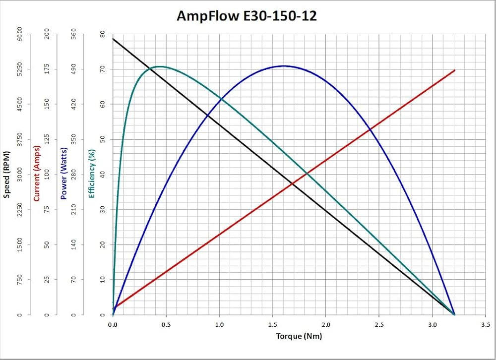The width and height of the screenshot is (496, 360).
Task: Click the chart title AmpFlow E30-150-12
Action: (x=247, y=16)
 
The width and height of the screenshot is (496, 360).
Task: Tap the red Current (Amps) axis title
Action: (x=36, y=174)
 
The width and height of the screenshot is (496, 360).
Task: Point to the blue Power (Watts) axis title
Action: (x=64, y=174)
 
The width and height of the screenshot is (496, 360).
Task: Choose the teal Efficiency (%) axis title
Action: (x=92, y=174)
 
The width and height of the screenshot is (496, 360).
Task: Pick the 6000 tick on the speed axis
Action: (x=20, y=34)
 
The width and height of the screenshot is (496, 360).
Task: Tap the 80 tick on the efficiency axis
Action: (x=102, y=34)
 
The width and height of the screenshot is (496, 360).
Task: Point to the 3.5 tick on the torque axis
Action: (x=486, y=325)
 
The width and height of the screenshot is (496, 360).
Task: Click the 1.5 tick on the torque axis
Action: (x=272, y=325)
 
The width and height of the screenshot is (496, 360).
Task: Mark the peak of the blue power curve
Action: (x=284, y=66)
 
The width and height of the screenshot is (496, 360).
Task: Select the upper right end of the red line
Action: (x=454, y=70)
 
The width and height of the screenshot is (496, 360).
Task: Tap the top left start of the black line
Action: (x=113, y=39)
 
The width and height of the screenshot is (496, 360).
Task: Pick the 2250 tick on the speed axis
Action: (x=20, y=210)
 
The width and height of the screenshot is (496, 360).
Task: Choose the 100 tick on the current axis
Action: (x=48, y=175)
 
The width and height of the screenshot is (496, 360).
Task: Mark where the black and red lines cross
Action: (x=293, y=184)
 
